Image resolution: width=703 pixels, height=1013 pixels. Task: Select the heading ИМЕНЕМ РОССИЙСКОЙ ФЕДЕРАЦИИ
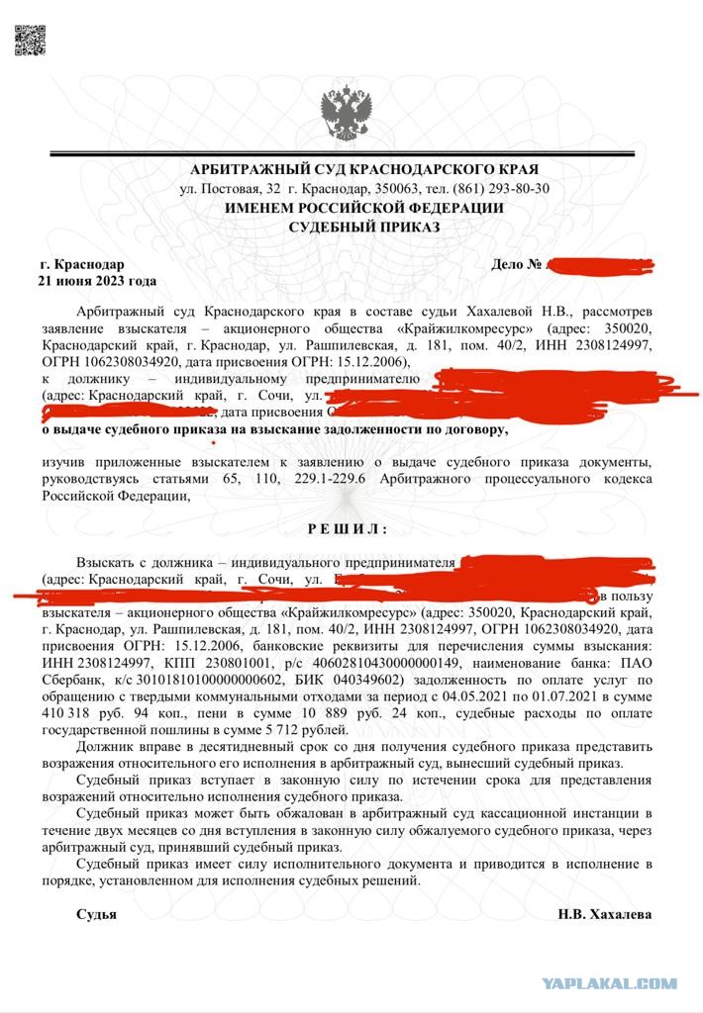point(363,208)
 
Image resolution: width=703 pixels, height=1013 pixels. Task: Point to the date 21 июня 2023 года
point(98,281)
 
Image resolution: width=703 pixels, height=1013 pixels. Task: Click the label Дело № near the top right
point(517,265)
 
